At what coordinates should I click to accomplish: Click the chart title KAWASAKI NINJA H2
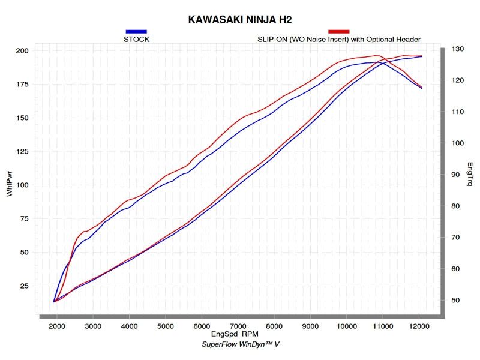pyautogui.click(x=239, y=20)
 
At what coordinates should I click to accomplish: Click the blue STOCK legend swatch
pyautogui.click(x=136, y=31)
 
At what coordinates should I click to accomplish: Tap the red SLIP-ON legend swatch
pyautogui.click(x=339, y=31)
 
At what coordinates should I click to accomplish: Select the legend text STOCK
pyautogui.click(x=136, y=40)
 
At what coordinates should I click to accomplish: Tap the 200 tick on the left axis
pyautogui.click(x=22, y=51)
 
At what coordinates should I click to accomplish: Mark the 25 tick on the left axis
pyautogui.click(x=24, y=286)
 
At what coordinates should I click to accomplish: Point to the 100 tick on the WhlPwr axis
pyautogui.click(x=22, y=185)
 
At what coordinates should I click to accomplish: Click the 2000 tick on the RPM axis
pyautogui.click(x=57, y=326)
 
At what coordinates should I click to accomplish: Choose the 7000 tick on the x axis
pyautogui.click(x=238, y=326)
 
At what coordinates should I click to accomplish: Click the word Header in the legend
pyautogui.click(x=408, y=40)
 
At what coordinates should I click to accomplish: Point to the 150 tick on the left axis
pyautogui.click(x=22, y=118)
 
